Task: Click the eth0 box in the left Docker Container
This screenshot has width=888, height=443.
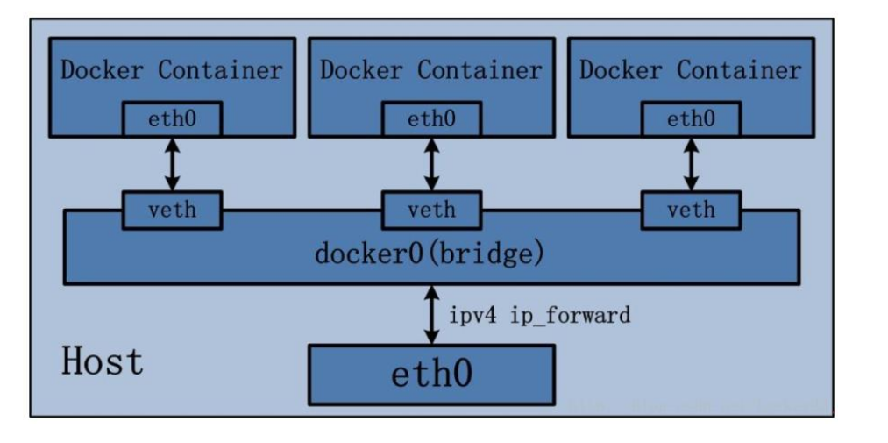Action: pyautogui.click(x=172, y=119)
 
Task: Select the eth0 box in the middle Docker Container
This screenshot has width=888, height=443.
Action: pyautogui.click(x=431, y=119)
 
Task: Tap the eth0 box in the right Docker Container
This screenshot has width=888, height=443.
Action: pyautogui.click(x=691, y=119)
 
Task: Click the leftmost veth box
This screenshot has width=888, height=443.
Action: pyautogui.click(x=172, y=211)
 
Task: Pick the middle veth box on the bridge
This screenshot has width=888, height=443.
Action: pyautogui.click(x=431, y=211)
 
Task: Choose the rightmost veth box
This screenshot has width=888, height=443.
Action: pyautogui.click(x=691, y=211)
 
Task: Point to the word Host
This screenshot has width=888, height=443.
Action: pyautogui.click(x=103, y=361)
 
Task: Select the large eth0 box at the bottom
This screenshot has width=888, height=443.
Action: pyautogui.click(x=431, y=375)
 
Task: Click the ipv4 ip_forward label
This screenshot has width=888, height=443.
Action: pyautogui.click(x=538, y=315)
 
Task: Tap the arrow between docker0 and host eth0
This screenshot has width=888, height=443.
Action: pyautogui.click(x=430, y=314)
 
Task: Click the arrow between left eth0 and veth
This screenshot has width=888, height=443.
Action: pyautogui.click(x=172, y=164)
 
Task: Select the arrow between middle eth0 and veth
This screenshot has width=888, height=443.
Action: pyautogui.click(x=431, y=164)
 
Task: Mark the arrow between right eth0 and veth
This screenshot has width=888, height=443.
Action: pyautogui.click(x=691, y=164)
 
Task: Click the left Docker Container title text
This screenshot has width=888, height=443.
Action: pyautogui.click(x=172, y=70)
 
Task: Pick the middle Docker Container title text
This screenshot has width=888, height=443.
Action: pyautogui.click(x=431, y=70)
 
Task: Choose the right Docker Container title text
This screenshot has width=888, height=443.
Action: pyautogui.click(x=691, y=70)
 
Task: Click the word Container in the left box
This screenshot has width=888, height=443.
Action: pyautogui.click(x=220, y=70)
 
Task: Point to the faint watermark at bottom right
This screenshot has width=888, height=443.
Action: pyautogui.click(x=693, y=404)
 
